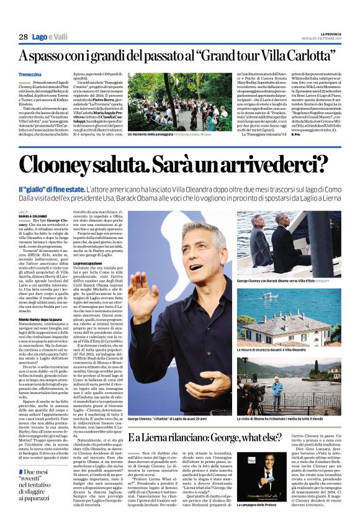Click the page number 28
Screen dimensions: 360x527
(x=24, y=37)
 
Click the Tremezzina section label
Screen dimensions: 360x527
(x=30, y=74)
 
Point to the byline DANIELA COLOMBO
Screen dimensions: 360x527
(x=35, y=216)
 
